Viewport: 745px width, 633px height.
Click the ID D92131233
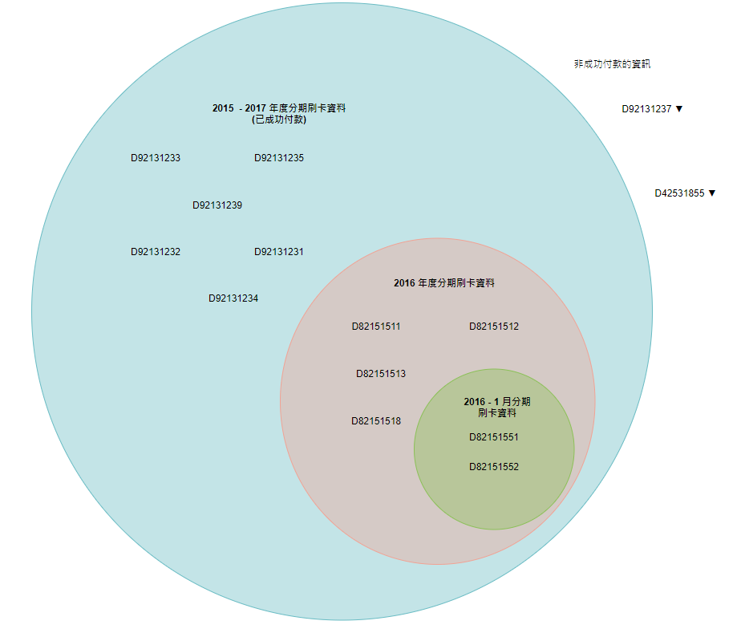tap(156, 158)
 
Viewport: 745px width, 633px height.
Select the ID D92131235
tap(279, 158)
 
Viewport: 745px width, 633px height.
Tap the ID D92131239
tap(217, 205)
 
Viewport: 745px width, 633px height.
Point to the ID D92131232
tap(156, 252)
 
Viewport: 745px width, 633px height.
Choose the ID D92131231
tap(279, 252)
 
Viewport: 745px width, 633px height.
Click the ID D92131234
tap(233, 298)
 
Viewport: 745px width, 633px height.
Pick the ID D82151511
tap(376, 327)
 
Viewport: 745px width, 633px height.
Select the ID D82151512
tap(494, 327)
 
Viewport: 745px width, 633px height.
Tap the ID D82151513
tap(381, 374)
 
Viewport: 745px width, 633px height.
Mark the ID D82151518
tap(376, 421)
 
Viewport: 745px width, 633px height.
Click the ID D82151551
tap(494, 437)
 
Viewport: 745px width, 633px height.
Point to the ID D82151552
tap(494, 467)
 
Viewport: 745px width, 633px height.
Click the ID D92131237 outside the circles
tap(646, 109)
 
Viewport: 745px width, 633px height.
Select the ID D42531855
tap(679, 193)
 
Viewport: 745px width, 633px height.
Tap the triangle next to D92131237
tap(679, 109)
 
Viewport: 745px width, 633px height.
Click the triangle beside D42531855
tap(712, 193)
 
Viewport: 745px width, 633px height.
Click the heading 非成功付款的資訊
tap(612, 64)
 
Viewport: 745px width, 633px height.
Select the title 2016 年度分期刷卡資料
tap(444, 283)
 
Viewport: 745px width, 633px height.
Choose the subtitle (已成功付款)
tap(279, 120)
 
